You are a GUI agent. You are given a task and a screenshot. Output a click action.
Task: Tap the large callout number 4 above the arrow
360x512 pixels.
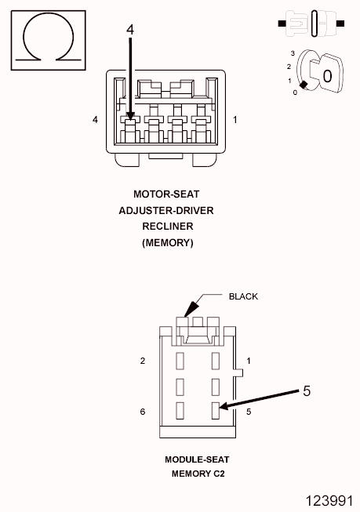(x=130, y=30)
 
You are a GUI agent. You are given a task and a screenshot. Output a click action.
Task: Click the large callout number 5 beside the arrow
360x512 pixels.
(x=307, y=390)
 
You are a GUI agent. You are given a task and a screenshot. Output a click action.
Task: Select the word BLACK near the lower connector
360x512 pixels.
(x=243, y=296)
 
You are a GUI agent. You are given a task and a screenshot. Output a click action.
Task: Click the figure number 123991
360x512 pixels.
(x=329, y=501)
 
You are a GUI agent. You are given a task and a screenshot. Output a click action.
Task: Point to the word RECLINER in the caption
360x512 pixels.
(x=168, y=227)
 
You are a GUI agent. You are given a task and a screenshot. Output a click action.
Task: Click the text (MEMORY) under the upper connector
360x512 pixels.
(x=168, y=243)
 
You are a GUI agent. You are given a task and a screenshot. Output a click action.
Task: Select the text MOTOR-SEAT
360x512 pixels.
(x=166, y=194)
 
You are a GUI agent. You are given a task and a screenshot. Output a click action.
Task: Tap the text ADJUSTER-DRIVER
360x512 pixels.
(x=166, y=211)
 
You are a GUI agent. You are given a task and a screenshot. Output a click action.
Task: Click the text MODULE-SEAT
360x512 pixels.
(x=197, y=459)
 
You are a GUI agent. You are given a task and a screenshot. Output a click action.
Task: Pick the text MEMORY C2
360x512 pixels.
(x=198, y=474)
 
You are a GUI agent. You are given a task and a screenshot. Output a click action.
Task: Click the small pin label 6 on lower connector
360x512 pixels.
(x=143, y=412)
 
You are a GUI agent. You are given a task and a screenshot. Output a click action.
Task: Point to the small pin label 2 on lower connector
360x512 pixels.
(x=143, y=361)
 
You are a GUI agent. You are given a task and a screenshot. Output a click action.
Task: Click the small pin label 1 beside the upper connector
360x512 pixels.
(x=235, y=120)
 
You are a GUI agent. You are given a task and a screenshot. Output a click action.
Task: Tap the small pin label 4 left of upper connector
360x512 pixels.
(x=95, y=120)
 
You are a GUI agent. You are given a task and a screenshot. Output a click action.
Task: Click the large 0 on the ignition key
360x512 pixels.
(x=327, y=76)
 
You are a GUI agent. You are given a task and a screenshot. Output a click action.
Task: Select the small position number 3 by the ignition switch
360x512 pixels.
(x=293, y=53)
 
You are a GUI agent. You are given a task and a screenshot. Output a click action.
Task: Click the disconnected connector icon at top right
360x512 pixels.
(x=311, y=24)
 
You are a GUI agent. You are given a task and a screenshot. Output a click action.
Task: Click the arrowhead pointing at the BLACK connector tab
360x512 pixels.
(x=191, y=309)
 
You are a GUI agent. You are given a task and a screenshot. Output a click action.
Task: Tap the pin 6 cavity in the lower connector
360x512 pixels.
(x=180, y=411)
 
